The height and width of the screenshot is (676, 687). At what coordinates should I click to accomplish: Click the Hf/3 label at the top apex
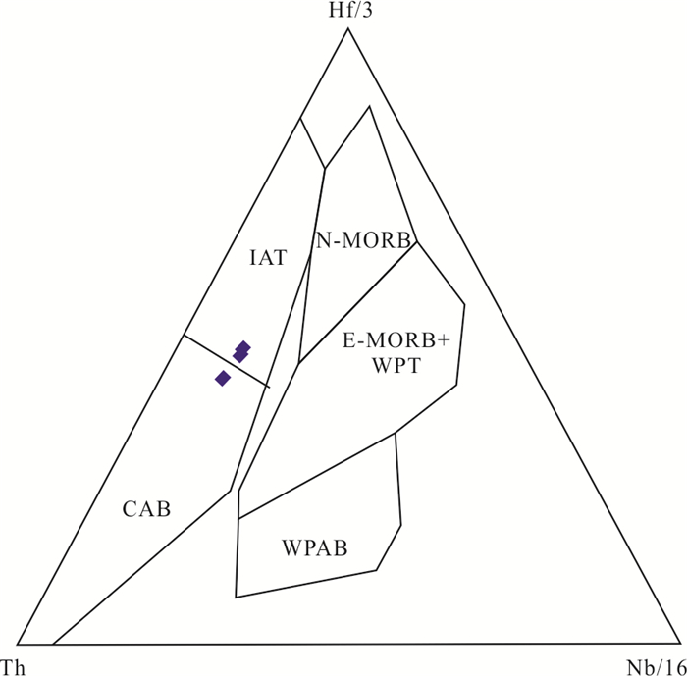347,11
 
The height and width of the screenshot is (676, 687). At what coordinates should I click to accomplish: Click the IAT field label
267,258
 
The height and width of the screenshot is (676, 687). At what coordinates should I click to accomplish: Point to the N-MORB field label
363,238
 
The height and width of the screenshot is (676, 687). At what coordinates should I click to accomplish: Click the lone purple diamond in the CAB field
223,378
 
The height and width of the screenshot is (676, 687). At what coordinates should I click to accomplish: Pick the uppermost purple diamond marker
243,347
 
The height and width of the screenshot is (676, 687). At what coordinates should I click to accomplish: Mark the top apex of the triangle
347,28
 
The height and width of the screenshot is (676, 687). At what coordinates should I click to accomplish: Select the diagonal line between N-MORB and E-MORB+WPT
359,302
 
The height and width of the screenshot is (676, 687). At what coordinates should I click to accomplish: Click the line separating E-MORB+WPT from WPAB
318,474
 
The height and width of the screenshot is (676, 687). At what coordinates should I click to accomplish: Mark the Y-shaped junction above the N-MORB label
325,169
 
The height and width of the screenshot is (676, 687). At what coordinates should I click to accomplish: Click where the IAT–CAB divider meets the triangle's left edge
183,336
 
